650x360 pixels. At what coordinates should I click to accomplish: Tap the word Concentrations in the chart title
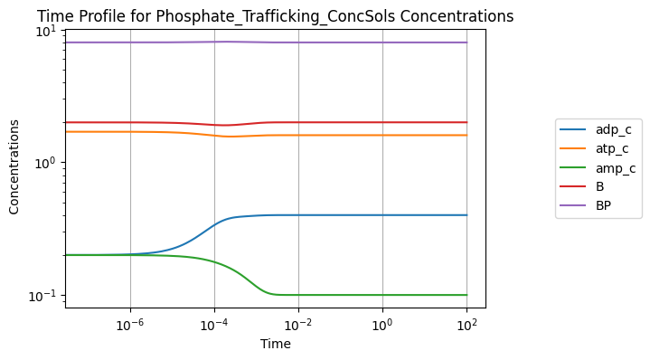pyautogui.click(x=457, y=16)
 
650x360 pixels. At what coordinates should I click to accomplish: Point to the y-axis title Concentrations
pyautogui.click(x=14, y=166)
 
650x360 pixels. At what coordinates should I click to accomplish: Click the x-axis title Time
pyautogui.click(x=276, y=344)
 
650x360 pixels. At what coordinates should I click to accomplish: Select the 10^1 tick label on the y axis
pyautogui.click(x=47, y=31)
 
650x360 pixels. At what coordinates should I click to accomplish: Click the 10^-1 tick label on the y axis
pyautogui.click(x=43, y=296)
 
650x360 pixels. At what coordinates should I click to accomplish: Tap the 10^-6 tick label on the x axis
pyautogui.click(x=130, y=325)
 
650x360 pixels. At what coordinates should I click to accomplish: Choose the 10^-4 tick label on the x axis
pyautogui.click(x=215, y=325)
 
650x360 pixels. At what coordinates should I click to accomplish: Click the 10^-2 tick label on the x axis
pyautogui.click(x=298, y=325)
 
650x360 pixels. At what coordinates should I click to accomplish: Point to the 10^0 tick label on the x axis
pyautogui.click(x=382, y=325)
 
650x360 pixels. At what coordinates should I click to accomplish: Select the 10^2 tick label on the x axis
pyautogui.click(x=466, y=325)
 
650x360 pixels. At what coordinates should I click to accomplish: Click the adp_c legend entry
pyautogui.click(x=596, y=130)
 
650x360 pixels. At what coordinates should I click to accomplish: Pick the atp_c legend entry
pyautogui.click(x=594, y=148)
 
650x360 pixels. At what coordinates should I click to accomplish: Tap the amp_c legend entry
pyautogui.click(x=598, y=168)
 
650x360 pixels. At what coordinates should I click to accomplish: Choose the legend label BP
pyautogui.click(x=604, y=205)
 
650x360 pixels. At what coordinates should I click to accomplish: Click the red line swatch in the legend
pyautogui.click(x=573, y=186)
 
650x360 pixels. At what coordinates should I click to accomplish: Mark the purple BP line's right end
pyautogui.click(x=467, y=43)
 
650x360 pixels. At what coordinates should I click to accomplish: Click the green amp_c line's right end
pyautogui.click(x=467, y=295)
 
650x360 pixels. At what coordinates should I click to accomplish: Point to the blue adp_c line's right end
pyautogui.click(x=467, y=215)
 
